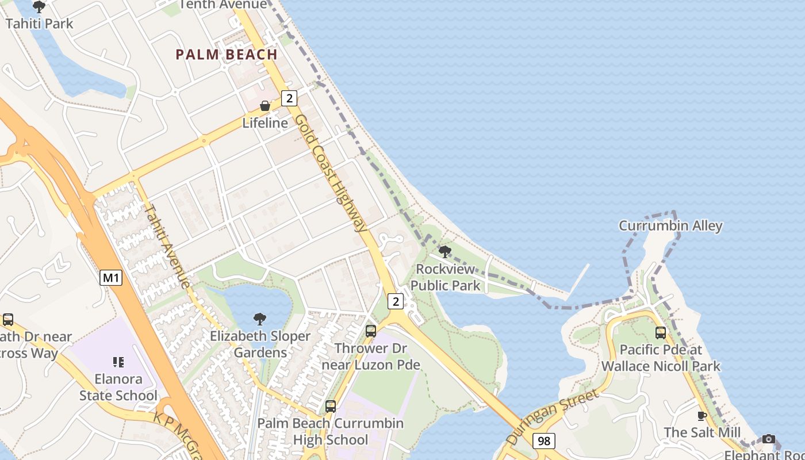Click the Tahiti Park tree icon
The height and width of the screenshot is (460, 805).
39,7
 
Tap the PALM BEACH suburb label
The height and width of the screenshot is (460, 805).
227,55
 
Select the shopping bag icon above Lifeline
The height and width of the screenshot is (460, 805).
265,106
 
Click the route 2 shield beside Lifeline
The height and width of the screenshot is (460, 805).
289,98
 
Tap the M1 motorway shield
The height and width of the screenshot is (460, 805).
111,278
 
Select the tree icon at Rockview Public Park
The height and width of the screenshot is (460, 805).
444,251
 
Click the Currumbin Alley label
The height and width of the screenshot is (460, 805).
670,225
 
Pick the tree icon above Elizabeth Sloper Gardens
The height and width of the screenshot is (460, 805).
260,319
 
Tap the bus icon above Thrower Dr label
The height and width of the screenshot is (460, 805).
371,331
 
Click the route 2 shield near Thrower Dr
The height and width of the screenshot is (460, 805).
396,301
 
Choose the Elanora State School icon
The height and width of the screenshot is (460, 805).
118,362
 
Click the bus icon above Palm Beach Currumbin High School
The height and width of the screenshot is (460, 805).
331,407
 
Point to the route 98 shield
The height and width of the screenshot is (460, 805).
543,441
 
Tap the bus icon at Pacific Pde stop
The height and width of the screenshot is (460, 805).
661,332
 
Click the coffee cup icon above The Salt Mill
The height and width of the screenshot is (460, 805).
701,416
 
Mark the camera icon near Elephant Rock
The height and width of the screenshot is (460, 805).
769,439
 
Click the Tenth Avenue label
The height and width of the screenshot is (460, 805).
223,5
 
